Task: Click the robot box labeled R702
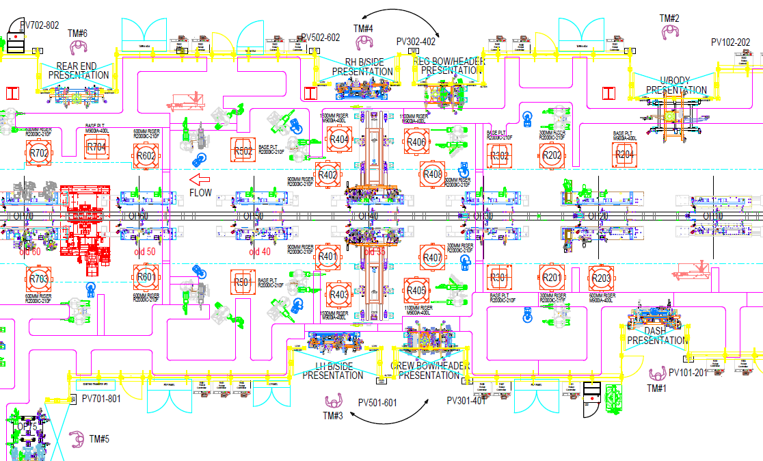tap(40, 154)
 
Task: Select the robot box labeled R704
tap(97, 146)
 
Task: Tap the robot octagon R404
tap(339, 140)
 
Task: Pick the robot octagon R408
tap(433, 174)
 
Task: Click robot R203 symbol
tap(602, 278)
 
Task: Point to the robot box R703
tap(39, 278)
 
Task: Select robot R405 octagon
tap(416, 290)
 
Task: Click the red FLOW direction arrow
tap(200, 180)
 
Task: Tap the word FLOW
tap(201, 193)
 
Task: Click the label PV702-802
tap(40, 25)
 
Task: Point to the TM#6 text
tap(77, 33)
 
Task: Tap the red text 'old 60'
tap(30, 252)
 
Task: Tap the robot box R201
tap(551, 278)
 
